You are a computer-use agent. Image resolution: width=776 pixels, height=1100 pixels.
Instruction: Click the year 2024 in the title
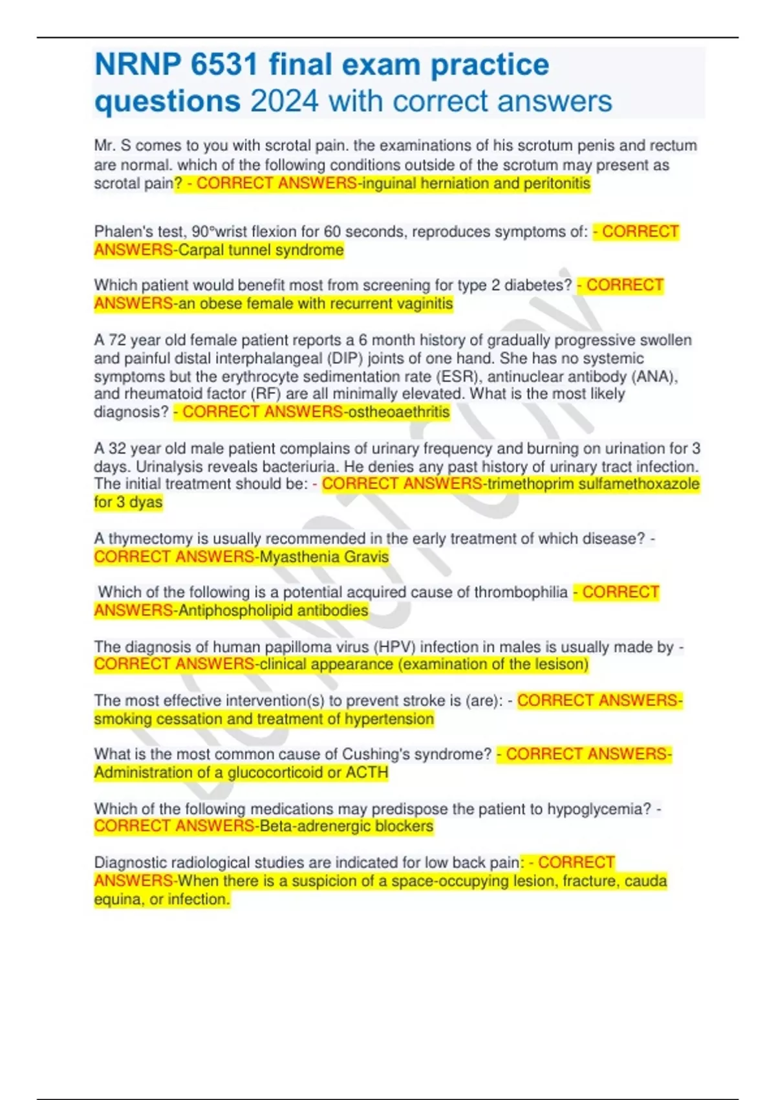284,101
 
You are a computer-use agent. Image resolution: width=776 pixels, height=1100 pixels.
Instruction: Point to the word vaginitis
423,303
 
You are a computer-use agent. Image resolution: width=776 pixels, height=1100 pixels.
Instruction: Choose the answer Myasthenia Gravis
324,556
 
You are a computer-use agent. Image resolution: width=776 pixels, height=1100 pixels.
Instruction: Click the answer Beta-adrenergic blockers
346,826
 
